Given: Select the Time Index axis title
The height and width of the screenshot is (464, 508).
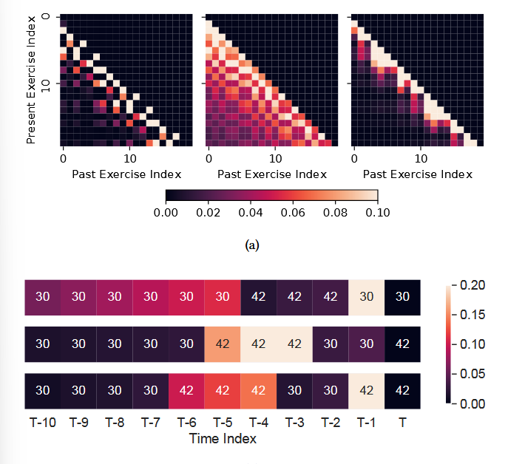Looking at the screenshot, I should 223,438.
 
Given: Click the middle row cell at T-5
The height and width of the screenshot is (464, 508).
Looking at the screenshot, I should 223,343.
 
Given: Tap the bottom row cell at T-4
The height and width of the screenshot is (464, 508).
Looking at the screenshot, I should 259,390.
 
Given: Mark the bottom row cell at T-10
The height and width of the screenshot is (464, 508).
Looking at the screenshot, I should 42,390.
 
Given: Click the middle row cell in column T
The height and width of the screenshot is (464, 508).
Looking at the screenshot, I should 402,343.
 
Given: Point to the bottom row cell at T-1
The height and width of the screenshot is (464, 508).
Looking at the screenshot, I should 367,390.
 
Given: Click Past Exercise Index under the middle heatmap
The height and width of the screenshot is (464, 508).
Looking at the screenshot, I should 271,174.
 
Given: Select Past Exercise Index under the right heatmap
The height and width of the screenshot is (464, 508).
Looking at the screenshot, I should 418,174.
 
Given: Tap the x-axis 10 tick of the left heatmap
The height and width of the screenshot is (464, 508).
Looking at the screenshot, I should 129,158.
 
